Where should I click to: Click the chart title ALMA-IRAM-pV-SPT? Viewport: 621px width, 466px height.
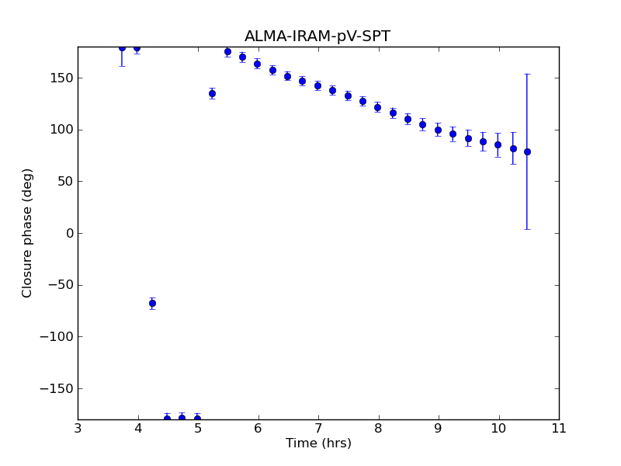coord(317,37)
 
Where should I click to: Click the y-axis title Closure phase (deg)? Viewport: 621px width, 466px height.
coord(28,233)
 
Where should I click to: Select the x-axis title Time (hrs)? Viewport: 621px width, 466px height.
coord(318,443)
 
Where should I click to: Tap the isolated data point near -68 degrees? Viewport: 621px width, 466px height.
coord(152,303)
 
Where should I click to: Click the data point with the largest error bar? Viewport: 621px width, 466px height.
coord(527,151)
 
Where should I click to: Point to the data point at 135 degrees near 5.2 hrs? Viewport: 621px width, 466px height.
coord(212,93)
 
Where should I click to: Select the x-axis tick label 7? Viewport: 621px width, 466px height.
coord(318,428)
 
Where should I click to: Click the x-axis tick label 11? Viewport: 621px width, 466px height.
coord(558,428)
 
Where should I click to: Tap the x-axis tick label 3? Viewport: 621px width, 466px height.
coord(78,428)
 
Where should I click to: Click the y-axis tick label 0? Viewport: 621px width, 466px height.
coord(69,233)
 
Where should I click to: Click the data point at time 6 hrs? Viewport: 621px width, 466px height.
coord(257,64)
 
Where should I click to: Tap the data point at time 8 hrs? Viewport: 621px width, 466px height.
coord(377,107)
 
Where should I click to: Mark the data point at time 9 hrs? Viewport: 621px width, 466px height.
coord(438,130)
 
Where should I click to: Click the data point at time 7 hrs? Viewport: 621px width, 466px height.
coord(317,85)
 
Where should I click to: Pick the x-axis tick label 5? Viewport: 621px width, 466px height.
coord(198,428)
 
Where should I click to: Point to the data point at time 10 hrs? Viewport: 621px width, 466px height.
coord(498,144)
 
